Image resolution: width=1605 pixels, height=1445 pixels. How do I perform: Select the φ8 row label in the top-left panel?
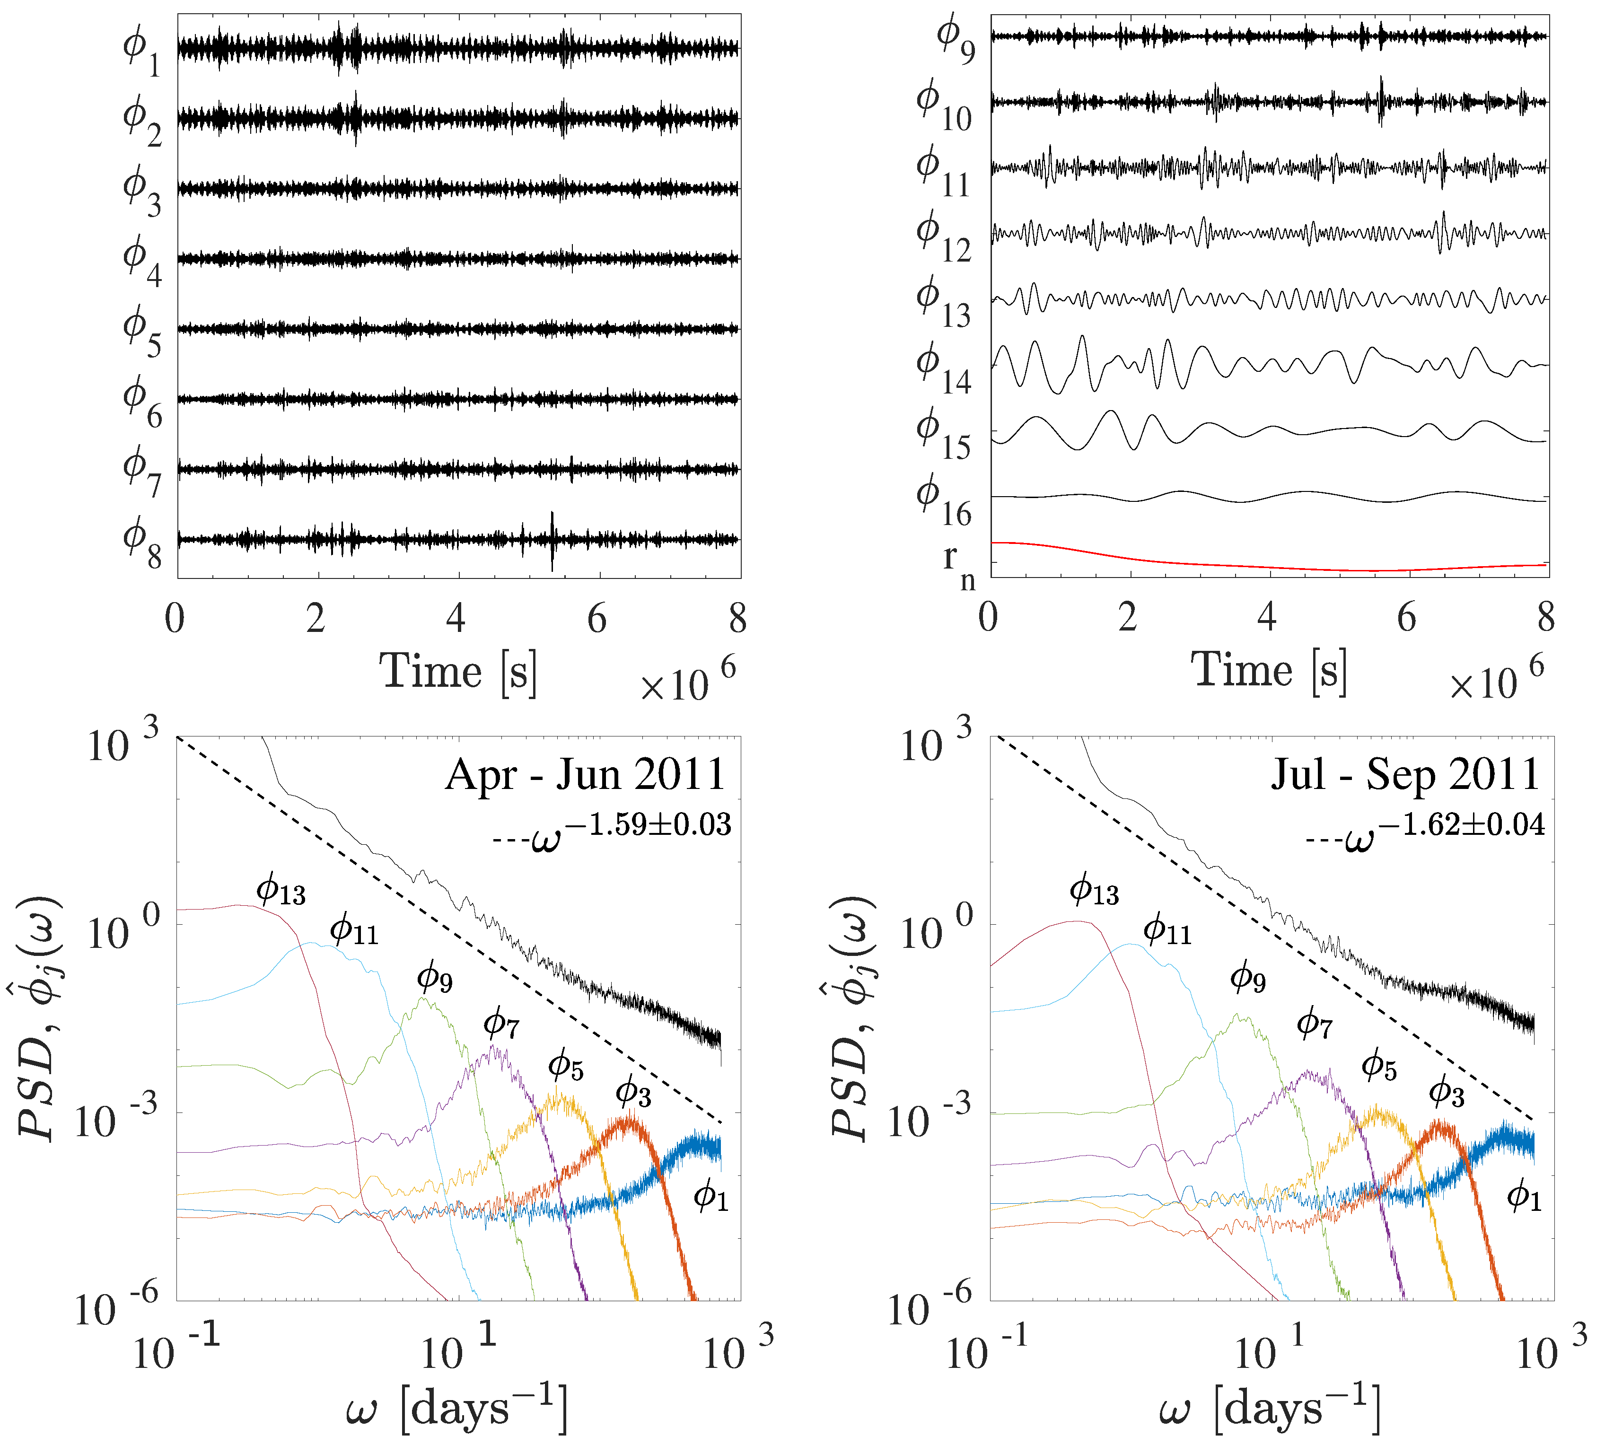coord(141,543)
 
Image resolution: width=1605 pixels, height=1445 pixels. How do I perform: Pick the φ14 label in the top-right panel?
coord(943,369)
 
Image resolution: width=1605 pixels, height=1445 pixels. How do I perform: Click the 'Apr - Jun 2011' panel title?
coord(585,774)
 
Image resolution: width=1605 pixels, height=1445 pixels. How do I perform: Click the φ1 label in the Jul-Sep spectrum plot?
coord(1523,1196)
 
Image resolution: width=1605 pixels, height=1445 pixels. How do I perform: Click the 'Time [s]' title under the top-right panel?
coord(1268,671)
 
